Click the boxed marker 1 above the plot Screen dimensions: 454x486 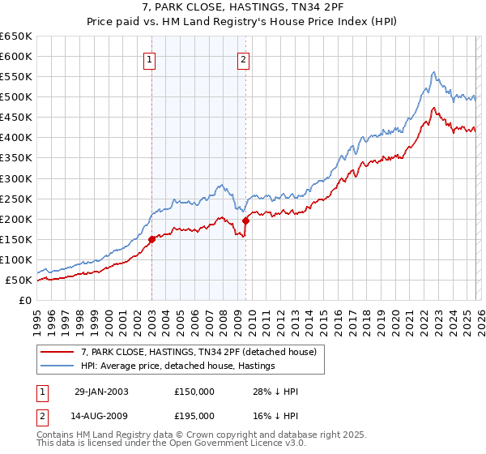(x=151, y=58)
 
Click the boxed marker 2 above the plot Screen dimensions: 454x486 (x=244, y=58)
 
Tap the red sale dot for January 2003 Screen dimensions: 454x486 (x=152, y=239)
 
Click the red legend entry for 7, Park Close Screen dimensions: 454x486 (x=202, y=352)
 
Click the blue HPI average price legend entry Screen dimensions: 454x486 (x=178, y=366)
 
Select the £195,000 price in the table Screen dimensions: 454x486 (x=194, y=414)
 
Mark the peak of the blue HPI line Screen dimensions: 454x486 (x=434, y=72)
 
